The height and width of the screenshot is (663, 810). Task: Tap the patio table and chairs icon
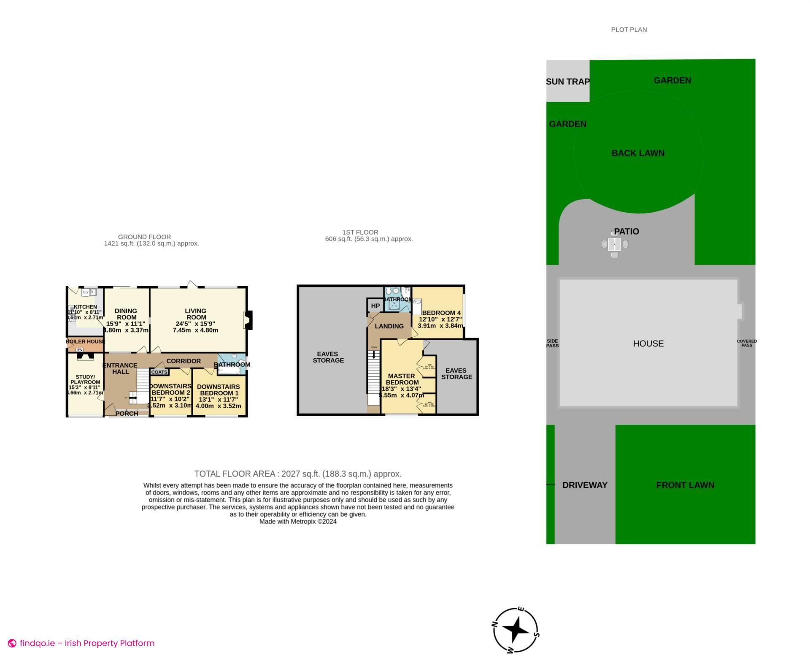615,244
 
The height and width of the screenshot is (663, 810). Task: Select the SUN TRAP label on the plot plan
567,81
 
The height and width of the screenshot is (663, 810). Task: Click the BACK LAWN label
638,153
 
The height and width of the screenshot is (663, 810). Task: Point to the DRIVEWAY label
585,485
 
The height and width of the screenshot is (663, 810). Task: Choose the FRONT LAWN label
685,485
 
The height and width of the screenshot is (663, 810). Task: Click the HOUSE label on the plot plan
648,344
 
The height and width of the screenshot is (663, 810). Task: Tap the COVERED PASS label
747,343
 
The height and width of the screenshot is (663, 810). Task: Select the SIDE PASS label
552,343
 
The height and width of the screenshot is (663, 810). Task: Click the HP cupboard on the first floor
375,306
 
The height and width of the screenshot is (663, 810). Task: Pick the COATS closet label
159,372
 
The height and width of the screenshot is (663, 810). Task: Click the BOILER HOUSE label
85,341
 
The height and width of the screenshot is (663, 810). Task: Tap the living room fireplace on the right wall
248,319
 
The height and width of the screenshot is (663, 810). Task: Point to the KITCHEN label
85,307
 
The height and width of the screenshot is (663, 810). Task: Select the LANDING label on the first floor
389,326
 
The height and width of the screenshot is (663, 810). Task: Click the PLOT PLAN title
629,30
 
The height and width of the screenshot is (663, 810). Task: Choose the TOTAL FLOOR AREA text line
298,474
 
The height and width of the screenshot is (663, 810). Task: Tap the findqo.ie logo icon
12,643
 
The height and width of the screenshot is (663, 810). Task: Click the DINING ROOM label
126,314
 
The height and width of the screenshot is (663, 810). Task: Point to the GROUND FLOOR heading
144,237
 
